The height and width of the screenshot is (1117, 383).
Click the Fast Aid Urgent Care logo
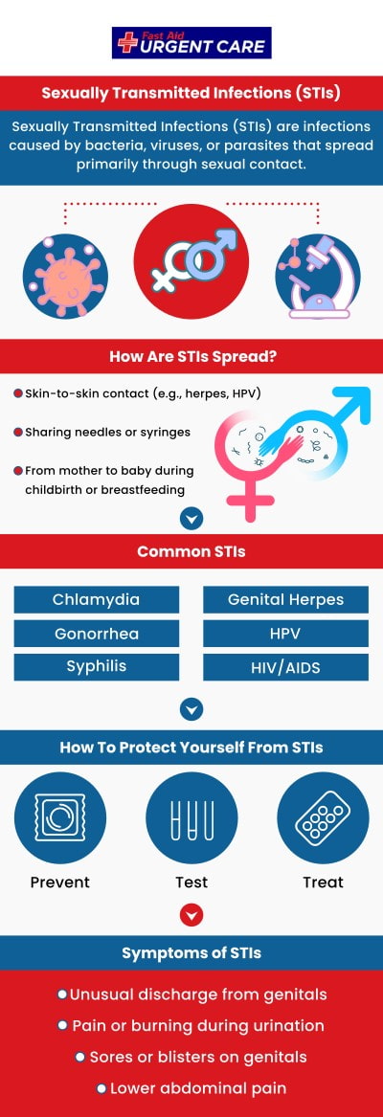[191, 42]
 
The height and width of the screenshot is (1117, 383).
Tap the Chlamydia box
[96, 600]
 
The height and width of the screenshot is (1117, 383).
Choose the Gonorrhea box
[96, 634]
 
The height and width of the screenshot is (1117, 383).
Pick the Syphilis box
[96, 666]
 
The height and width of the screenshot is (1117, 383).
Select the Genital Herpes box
[285, 600]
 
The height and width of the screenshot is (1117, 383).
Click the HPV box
[285, 634]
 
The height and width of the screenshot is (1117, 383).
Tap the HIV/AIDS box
[285, 667]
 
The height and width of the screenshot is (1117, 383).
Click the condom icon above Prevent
[60, 819]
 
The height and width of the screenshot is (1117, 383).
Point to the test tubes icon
[191, 819]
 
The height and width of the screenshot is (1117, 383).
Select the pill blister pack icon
[323, 819]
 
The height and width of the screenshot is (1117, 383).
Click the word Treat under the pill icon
[323, 882]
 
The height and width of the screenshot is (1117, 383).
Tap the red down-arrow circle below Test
[191, 915]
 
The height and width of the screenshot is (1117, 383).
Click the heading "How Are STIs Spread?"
[191, 357]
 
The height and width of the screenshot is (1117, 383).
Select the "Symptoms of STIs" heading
[191, 953]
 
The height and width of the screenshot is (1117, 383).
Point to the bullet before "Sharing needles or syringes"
[18, 433]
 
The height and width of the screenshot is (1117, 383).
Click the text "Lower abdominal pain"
[197, 1088]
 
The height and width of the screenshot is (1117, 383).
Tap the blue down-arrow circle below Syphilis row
[191, 709]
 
